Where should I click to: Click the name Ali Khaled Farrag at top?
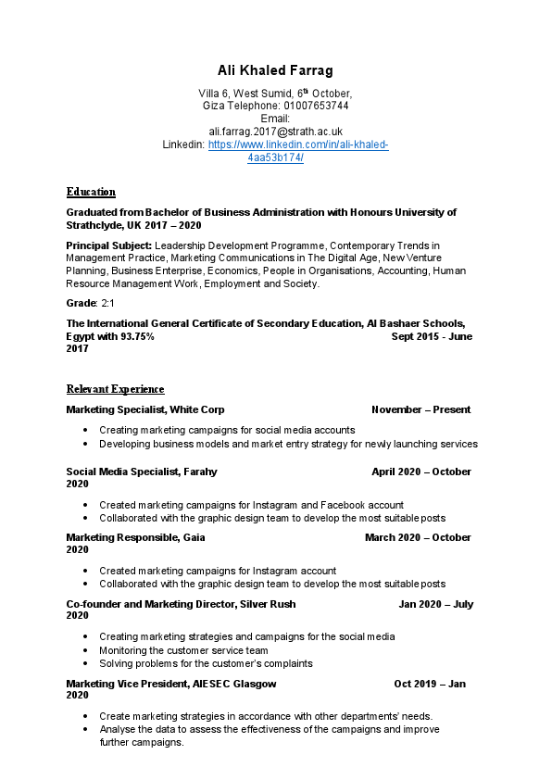275,70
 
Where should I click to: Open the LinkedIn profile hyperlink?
297,145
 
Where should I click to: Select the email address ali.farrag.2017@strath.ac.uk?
275,132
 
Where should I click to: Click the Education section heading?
91,193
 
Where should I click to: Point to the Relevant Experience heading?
115,389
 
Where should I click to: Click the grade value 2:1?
108,303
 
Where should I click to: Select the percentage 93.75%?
137,336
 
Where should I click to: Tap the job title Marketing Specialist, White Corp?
145,409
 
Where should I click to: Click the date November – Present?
420,409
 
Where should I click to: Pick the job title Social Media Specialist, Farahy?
142,472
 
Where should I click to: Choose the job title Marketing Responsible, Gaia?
135,537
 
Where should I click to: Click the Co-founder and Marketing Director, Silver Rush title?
181,604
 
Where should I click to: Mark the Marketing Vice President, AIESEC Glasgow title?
171,684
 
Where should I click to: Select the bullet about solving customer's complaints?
206,663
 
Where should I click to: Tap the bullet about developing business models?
288,444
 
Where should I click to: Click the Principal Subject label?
108,245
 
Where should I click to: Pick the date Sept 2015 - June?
432,336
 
